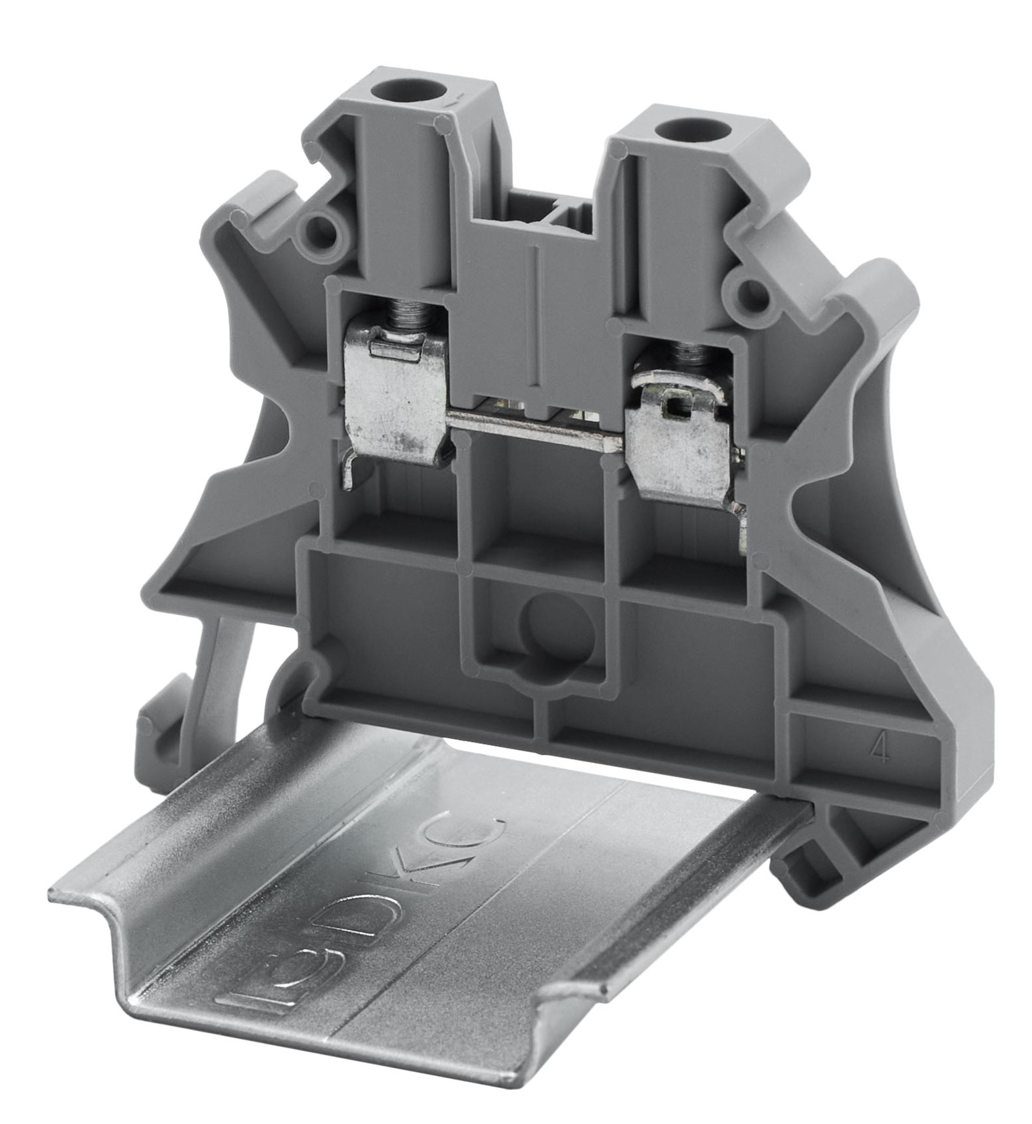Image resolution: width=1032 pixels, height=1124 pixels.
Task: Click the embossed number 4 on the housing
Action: click(879, 748)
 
